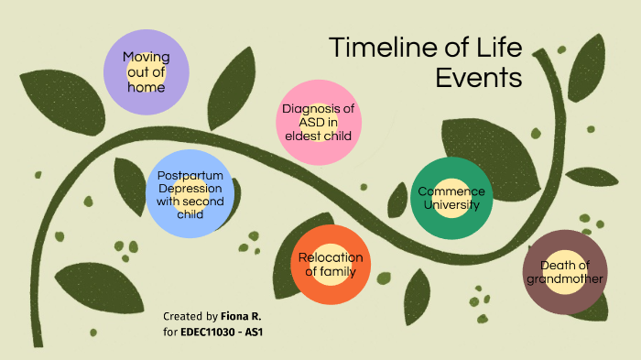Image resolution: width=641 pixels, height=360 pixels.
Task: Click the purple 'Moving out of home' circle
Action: pos(147,72)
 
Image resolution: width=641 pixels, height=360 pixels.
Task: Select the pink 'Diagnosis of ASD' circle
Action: pos(318,122)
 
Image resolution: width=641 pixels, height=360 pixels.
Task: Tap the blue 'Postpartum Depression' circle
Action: pos(190,195)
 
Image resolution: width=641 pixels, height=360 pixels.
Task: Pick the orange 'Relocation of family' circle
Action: pos(331,265)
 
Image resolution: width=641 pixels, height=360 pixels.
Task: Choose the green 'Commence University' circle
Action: pos(451,198)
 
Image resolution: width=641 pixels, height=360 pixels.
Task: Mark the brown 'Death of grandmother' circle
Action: pos(564,272)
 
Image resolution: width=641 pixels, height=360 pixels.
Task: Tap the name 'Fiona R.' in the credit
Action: pos(242,315)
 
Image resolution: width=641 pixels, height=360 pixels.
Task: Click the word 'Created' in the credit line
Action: pos(182,315)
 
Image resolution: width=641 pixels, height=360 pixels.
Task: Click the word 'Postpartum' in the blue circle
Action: pos(190,176)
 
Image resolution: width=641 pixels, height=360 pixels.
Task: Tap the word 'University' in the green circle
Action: pos(451,205)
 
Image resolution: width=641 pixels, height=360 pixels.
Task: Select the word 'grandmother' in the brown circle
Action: pos(564,278)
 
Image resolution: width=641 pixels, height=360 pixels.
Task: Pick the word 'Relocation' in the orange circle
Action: pos(331,257)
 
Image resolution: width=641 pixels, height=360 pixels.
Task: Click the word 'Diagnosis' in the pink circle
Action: pos(318,109)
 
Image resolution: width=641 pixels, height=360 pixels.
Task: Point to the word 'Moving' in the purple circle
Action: pos(147,57)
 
